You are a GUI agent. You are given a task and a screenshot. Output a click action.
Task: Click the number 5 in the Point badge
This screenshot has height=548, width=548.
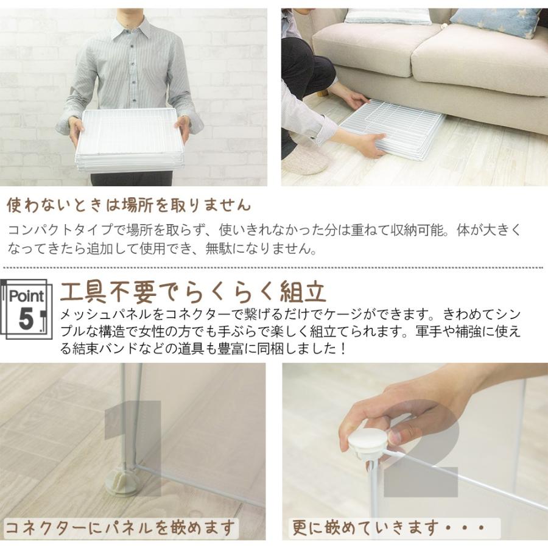pos(25,318)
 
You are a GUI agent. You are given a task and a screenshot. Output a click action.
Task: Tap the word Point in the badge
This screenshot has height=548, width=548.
pos(26,297)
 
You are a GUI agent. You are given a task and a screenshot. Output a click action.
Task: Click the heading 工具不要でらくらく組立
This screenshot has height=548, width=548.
pos(193,292)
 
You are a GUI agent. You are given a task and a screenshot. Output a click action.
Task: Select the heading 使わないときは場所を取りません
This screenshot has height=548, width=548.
pos(128,205)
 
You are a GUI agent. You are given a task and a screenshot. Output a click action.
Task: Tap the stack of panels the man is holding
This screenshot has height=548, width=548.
pos(130,140)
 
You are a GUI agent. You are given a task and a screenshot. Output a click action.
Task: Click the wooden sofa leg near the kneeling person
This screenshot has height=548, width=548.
pos(321,93)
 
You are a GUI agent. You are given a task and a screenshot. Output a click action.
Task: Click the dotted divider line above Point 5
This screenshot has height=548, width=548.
pos(274,267)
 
